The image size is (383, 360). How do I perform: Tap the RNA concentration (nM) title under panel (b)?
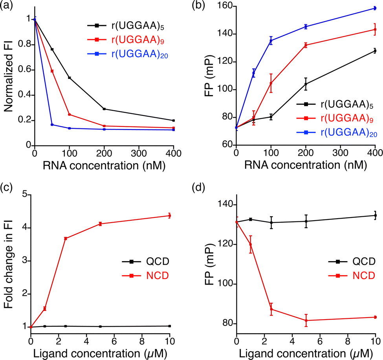305,165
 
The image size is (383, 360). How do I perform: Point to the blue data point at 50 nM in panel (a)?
52,124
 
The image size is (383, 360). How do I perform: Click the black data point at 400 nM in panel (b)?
375,51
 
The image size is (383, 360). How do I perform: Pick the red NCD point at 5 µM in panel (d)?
306,320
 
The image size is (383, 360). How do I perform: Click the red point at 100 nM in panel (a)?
70,115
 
